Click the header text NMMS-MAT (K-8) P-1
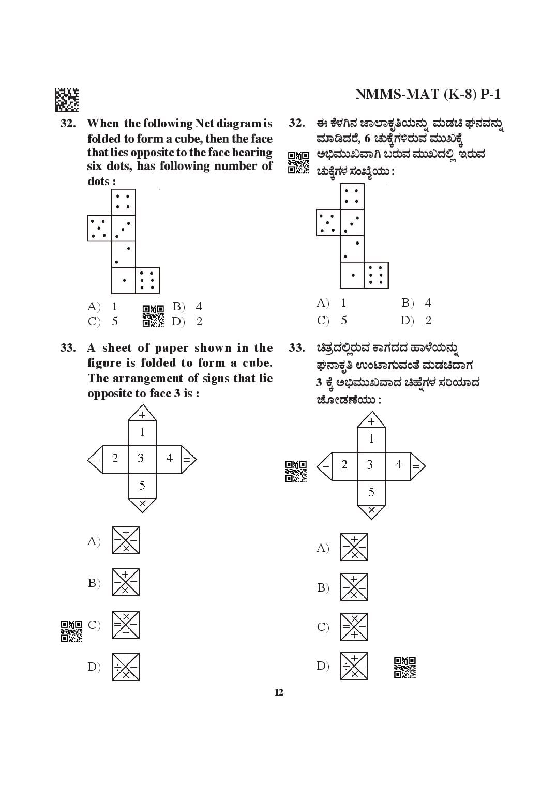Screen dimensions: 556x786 pyautogui.click(x=428, y=94)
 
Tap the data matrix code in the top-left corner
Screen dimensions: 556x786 pyautogui.click(x=67, y=100)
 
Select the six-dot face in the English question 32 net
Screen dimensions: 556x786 pyautogui.click(x=147, y=280)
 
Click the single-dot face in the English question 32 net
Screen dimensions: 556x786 pyautogui.click(x=124, y=280)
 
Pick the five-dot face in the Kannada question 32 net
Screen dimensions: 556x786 pyautogui.click(x=328, y=222)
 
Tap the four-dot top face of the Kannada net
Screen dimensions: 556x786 pyautogui.click(x=352, y=196)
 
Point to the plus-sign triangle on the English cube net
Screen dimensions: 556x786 pyautogui.click(x=142, y=413)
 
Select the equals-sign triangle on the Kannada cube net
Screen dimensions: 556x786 pyautogui.click(x=417, y=466)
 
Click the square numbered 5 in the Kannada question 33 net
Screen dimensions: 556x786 pyautogui.click(x=371, y=493)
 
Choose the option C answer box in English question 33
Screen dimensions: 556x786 pyautogui.click(x=126, y=625)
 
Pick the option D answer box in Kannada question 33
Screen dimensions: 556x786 pyautogui.click(x=354, y=666)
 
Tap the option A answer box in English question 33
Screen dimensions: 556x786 pyautogui.click(x=126, y=540)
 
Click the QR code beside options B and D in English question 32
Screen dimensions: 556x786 pyautogui.click(x=154, y=316)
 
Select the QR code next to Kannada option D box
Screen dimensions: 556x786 pyautogui.click(x=405, y=668)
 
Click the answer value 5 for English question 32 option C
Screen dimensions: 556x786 pyautogui.click(x=115, y=322)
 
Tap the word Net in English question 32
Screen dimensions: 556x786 pyautogui.click(x=204, y=124)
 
